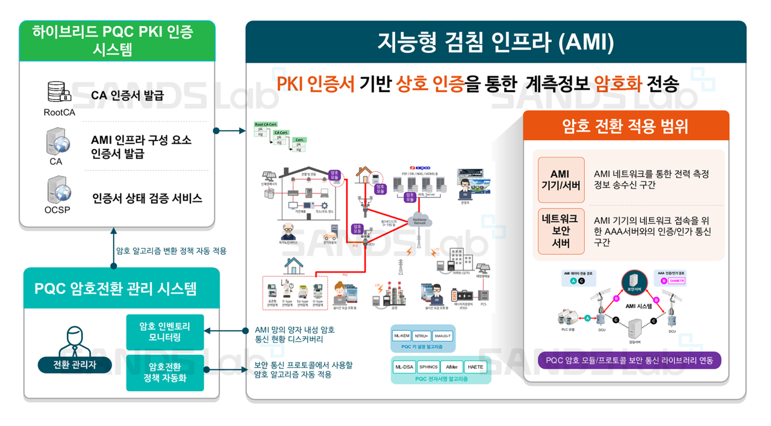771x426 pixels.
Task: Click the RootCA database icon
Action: (59, 92)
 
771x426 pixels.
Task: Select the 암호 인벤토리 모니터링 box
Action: (164, 331)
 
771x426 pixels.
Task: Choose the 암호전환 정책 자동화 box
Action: (164, 372)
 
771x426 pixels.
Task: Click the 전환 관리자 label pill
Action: (75, 365)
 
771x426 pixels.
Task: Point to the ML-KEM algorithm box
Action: (401, 336)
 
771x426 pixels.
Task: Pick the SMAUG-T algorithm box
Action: (443, 336)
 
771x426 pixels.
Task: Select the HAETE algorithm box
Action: (475, 367)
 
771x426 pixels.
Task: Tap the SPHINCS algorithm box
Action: (428, 367)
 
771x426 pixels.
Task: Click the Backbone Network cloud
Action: (417, 221)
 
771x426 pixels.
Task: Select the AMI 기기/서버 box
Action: (560, 180)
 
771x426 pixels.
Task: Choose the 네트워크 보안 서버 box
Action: (560, 231)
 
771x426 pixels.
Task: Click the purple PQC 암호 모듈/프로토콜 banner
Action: (629, 361)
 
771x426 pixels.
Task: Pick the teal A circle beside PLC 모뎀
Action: (587, 319)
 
